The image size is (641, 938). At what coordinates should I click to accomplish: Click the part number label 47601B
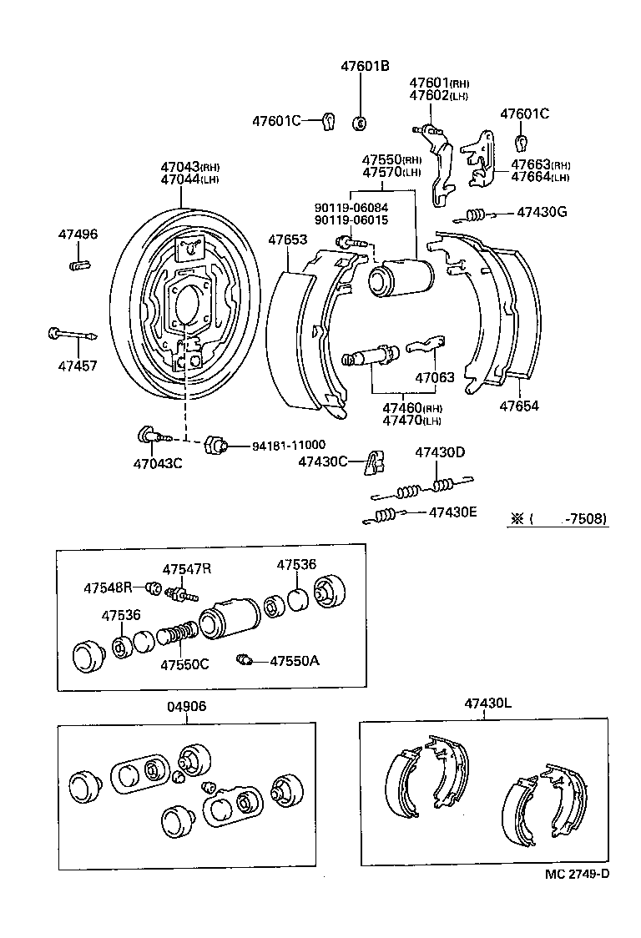pyautogui.click(x=365, y=66)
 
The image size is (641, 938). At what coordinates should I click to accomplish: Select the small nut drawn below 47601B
pyautogui.click(x=361, y=124)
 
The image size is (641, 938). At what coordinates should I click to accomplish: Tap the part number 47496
pyautogui.click(x=77, y=234)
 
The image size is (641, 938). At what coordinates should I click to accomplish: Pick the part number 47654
pyautogui.click(x=519, y=406)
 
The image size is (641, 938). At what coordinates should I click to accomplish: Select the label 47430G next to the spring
pyautogui.click(x=541, y=212)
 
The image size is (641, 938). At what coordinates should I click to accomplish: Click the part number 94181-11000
pyautogui.click(x=289, y=446)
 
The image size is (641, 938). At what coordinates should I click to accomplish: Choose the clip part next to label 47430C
pyautogui.click(x=375, y=461)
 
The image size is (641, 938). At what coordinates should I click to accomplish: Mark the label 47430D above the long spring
pyautogui.click(x=440, y=452)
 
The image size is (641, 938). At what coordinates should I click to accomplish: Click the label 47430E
pyautogui.click(x=452, y=512)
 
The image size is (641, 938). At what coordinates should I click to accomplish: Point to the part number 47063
pyautogui.click(x=434, y=377)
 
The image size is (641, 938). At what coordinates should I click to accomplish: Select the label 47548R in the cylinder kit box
pyautogui.click(x=108, y=588)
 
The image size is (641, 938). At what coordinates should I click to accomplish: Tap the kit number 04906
pyautogui.click(x=186, y=706)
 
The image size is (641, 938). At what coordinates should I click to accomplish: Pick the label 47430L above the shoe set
pyautogui.click(x=488, y=703)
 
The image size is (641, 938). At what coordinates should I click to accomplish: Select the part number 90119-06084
pyautogui.click(x=351, y=208)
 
